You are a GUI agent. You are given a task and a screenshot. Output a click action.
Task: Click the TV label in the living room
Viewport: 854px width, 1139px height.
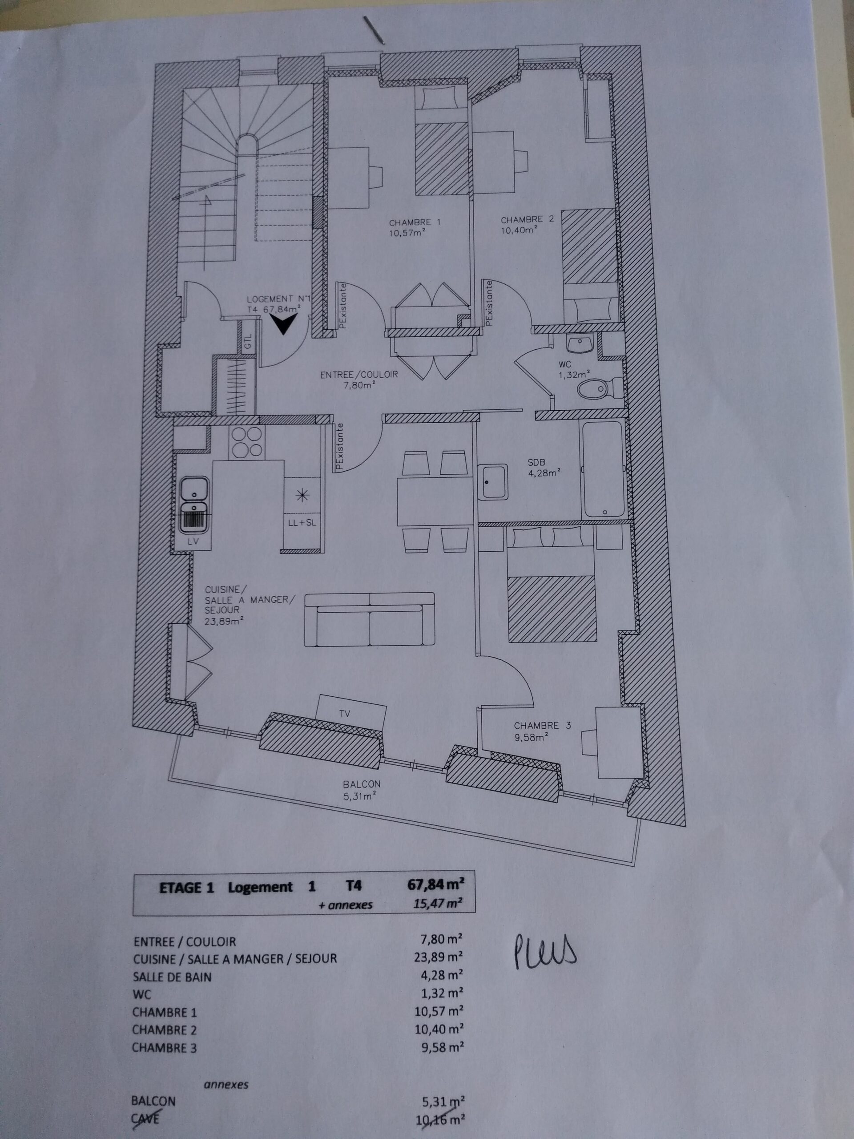pos(344,713)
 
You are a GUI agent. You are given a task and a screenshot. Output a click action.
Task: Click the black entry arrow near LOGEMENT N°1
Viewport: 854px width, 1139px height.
pos(284,325)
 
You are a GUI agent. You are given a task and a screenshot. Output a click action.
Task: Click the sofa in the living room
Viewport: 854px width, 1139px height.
pos(370,619)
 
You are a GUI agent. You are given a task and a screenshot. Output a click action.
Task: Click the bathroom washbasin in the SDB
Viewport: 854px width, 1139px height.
pos(493,481)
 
